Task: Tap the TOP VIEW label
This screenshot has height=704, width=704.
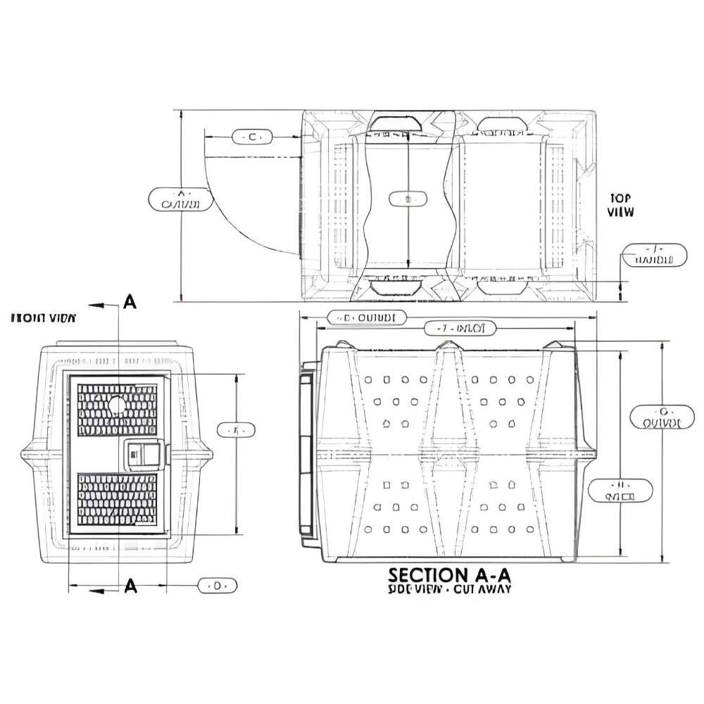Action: pyautogui.click(x=620, y=205)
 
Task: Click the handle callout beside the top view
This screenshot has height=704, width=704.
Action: pyautogui.click(x=654, y=254)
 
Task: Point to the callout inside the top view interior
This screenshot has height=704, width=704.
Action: pyautogui.click(x=408, y=199)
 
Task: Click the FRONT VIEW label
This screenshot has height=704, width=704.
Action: pyautogui.click(x=44, y=318)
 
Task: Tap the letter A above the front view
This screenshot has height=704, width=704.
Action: pyautogui.click(x=130, y=302)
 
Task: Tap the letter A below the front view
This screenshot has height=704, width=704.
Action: pyautogui.click(x=130, y=586)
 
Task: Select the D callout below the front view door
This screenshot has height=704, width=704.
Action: pyautogui.click(x=218, y=585)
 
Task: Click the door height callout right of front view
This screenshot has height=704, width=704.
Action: pyautogui.click(x=236, y=429)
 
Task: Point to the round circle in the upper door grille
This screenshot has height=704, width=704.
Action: pyautogui.click(x=117, y=405)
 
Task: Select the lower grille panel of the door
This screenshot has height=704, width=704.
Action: pyautogui.click(x=117, y=499)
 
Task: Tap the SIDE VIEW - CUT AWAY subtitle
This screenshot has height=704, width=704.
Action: pyautogui.click(x=449, y=590)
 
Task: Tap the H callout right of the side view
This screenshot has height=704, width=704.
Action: pyautogui.click(x=620, y=491)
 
